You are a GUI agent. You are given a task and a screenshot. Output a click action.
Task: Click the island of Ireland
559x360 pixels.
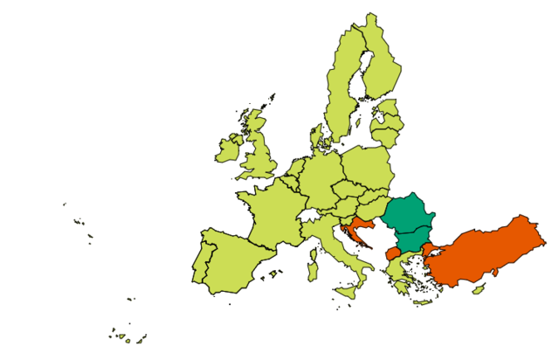point(227,150)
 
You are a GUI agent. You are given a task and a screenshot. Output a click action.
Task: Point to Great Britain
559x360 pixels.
point(259,149)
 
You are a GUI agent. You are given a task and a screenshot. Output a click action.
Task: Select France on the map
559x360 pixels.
point(271,214)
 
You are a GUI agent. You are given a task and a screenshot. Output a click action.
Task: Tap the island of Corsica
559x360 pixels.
point(314,253)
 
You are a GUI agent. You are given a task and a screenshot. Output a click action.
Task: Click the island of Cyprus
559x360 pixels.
point(479,288)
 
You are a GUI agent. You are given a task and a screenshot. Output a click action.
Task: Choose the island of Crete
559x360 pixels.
point(423,302)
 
